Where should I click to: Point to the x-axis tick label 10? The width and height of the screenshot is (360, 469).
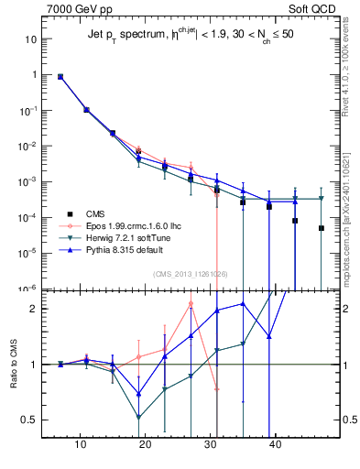click(82, 446)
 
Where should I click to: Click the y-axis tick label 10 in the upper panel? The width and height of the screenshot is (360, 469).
click(30, 39)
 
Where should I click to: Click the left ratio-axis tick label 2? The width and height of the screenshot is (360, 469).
click(34, 309)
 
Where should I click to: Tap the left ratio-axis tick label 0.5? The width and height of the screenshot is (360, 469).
click(30, 420)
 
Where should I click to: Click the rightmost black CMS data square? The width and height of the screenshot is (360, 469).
click(322, 228)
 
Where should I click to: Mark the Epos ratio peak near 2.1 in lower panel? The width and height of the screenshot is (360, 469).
click(191, 303)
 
